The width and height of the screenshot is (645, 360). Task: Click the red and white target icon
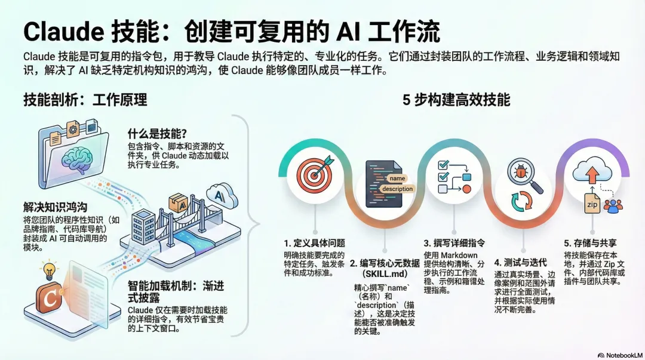(315, 176)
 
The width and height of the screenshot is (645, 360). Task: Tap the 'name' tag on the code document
(397, 178)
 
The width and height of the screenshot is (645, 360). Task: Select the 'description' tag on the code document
(397, 189)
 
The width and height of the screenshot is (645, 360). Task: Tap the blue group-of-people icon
(613, 206)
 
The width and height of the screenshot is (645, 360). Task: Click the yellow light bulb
(49, 270)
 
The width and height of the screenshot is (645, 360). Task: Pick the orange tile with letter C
(50, 297)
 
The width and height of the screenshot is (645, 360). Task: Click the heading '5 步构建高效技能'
(456, 100)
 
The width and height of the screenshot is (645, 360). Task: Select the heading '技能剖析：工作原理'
(85, 100)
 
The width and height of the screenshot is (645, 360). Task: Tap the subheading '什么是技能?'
(158, 133)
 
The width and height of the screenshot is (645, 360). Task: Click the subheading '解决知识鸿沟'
(55, 207)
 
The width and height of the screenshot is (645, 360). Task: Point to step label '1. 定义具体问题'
(314, 243)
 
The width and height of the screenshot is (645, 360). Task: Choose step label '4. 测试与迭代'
(520, 263)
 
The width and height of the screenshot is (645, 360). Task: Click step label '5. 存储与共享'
(590, 243)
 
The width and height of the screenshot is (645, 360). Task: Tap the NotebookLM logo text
(621, 355)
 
